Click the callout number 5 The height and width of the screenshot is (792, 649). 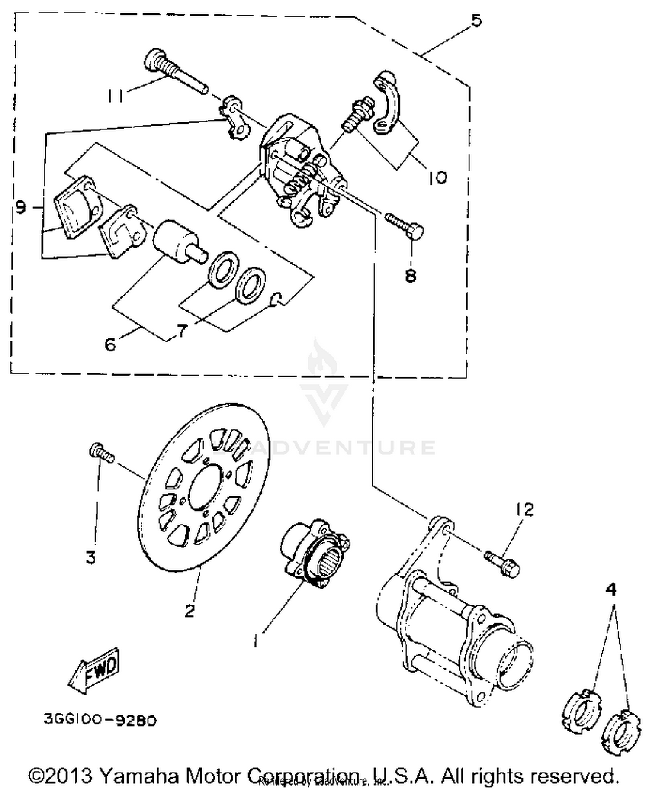click(476, 20)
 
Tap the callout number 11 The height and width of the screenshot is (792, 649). click(115, 96)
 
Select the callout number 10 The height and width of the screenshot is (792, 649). click(437, 178)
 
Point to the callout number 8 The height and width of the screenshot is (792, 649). click(410, 275)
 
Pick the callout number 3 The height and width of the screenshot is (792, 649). click(90, 557)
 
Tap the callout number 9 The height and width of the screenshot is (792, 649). click(20, 208)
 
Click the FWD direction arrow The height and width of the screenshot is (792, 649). click(94, 670)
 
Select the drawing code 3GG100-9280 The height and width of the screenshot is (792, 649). click(100, 720)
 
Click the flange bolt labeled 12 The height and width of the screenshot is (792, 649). click(503, 563)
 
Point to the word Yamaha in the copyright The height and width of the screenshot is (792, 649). click(139, 776)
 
